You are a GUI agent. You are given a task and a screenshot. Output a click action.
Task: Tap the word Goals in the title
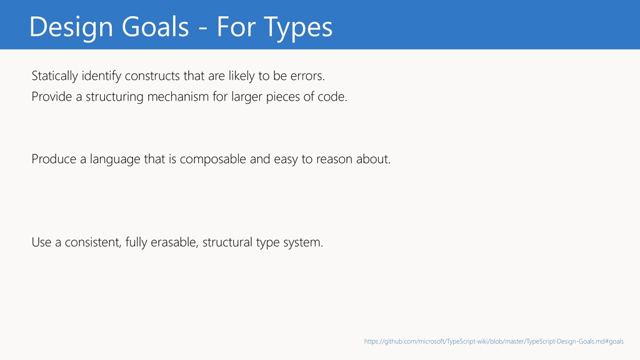(155, 27)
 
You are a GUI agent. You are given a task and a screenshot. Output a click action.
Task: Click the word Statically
(55, 76)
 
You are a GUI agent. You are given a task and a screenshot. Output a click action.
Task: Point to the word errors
(307, 76)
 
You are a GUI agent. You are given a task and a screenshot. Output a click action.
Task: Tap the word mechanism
(178, 97)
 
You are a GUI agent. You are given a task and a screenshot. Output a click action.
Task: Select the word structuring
(115, 97)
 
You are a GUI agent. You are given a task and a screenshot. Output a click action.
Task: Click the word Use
(41, 242)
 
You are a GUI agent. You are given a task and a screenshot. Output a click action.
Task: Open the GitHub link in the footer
(494, 341)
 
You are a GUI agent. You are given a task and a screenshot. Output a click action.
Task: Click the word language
(115, 159)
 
